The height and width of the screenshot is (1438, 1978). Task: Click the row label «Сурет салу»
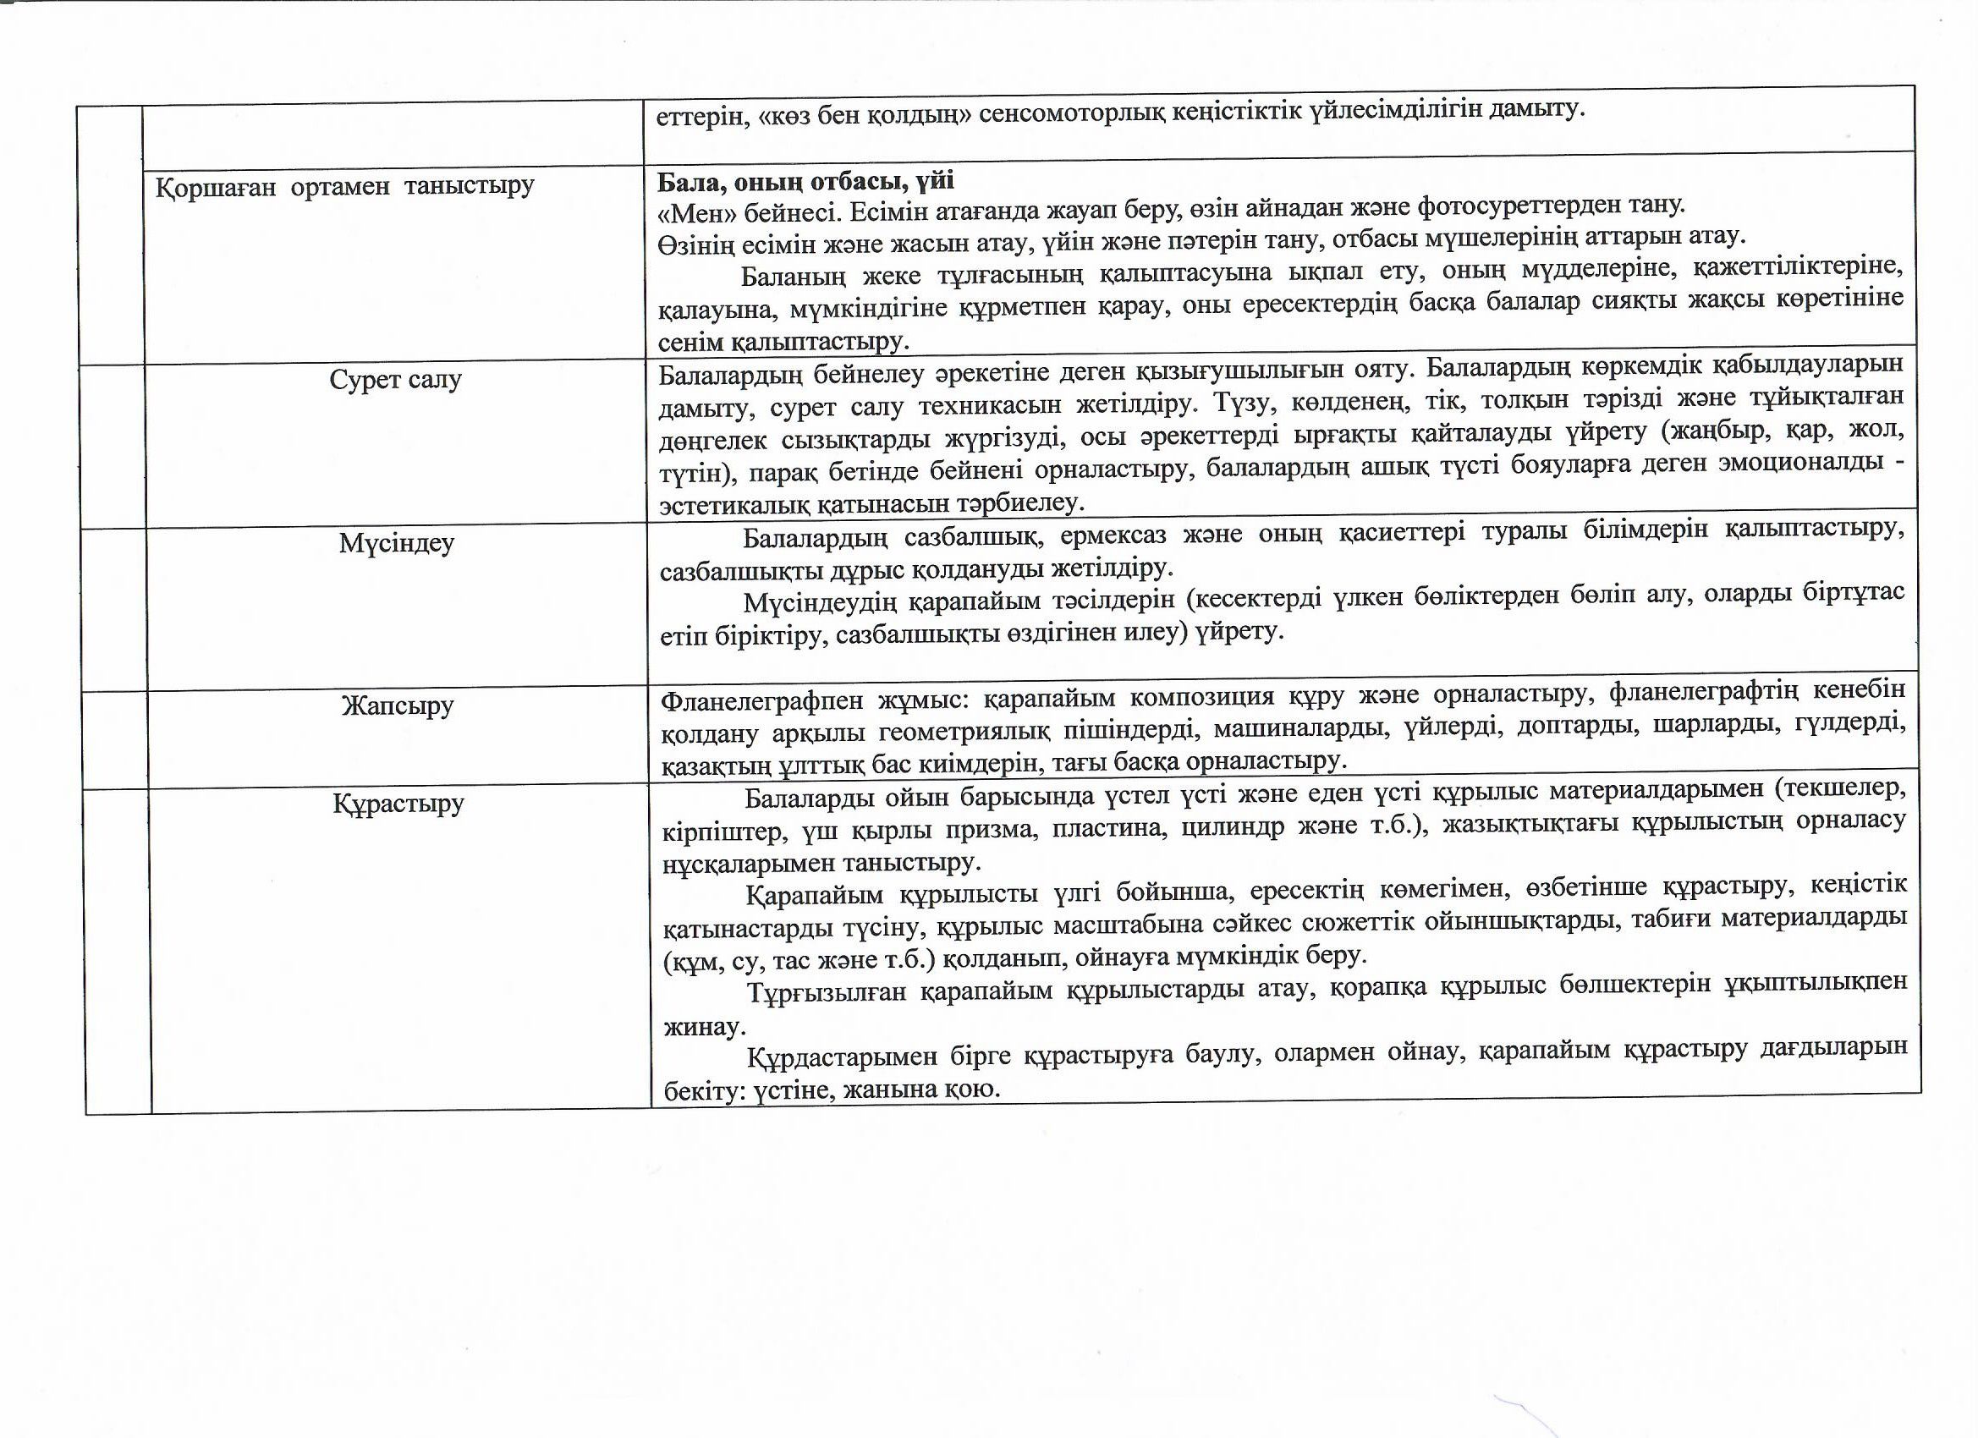(395, 380)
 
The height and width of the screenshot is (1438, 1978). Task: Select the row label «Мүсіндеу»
(397, 543)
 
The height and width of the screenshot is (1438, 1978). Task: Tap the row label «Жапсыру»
(398, 705)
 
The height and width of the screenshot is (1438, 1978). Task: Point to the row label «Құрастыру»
(398, 802)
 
